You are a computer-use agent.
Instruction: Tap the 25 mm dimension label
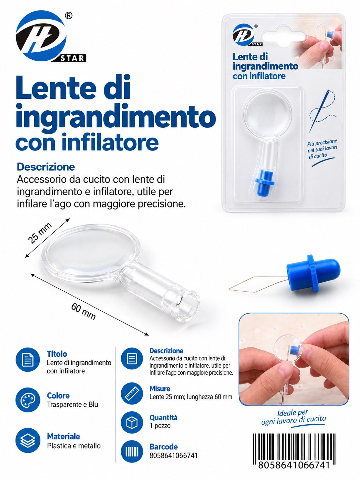point(40,233)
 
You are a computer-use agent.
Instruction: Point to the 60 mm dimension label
point(83,311)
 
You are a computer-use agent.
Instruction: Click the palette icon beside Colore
point(28,400)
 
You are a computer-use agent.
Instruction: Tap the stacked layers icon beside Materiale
point(28,440)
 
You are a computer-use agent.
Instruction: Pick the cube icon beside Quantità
point(132,422)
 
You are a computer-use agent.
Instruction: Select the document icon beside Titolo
point(28,360)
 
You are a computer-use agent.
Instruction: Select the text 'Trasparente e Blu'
point(73,405)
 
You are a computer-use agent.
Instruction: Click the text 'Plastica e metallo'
point(74,446)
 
